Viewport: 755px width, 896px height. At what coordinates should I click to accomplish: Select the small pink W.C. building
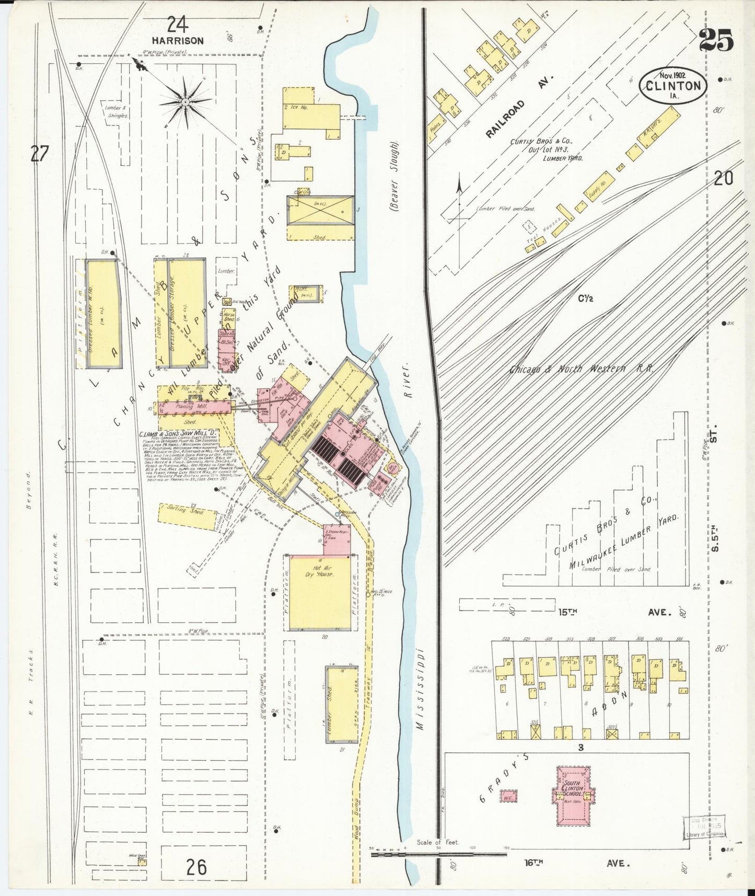coord(508,797)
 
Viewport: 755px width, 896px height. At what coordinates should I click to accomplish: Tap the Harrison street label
coord(178,40)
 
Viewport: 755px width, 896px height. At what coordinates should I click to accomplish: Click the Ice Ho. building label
coord(296,107)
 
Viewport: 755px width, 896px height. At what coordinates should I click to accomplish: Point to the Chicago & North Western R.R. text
coord(581,369)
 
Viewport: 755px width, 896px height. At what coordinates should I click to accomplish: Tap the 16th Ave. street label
coord(575,863)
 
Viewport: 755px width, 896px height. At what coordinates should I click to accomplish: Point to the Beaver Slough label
coord(394,176)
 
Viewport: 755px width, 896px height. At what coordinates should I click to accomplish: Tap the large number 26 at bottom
coord(196,867)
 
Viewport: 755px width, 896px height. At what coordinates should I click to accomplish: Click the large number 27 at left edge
coord(40,154)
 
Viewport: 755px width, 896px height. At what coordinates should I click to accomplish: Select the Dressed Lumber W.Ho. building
coord(102,314)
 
